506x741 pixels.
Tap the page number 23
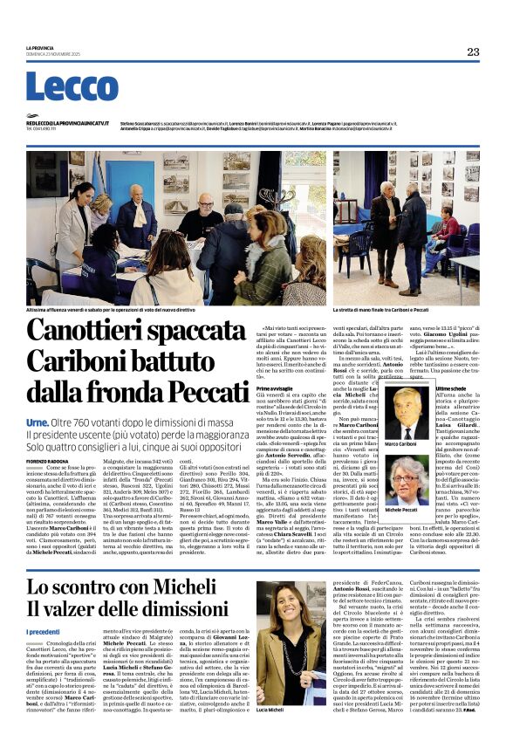(473, 51)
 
